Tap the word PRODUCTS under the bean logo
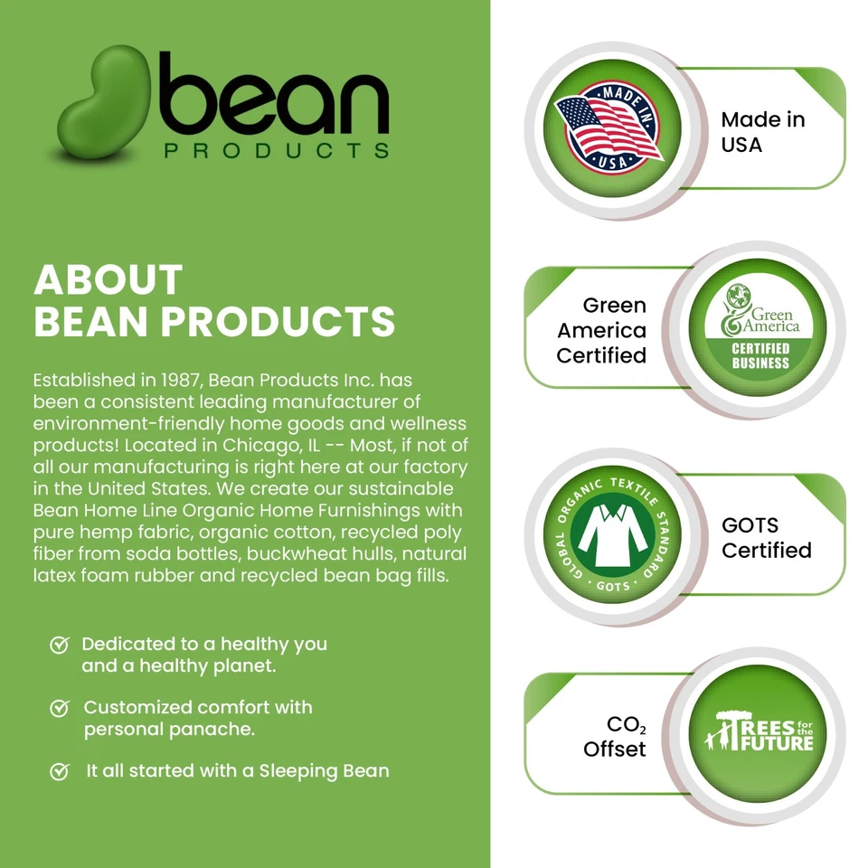click(x=277, y=149)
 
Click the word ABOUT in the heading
click(x=108, y=280)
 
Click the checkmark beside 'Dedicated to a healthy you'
click(x=60, y=645)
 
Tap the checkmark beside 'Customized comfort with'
click(x=60, y=707)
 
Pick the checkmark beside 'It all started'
click(x=60, y=771)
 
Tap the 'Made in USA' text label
click(x=762, y=132)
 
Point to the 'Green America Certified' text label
click(x=602, y=331)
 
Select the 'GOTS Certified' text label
click(x=766, y=537)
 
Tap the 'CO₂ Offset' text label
click(x=615, y=737)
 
